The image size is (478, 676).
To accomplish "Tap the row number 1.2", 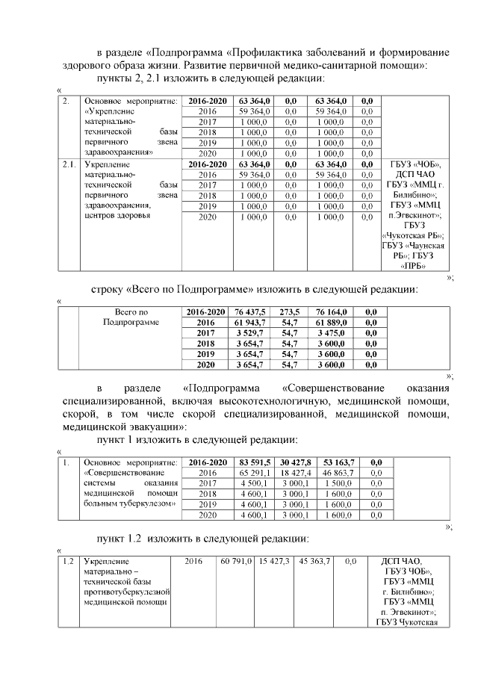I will [x=68, y=561].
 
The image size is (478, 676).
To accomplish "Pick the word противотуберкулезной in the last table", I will [x=124, y=588].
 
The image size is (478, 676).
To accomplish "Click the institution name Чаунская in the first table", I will [x=429, y=245].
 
